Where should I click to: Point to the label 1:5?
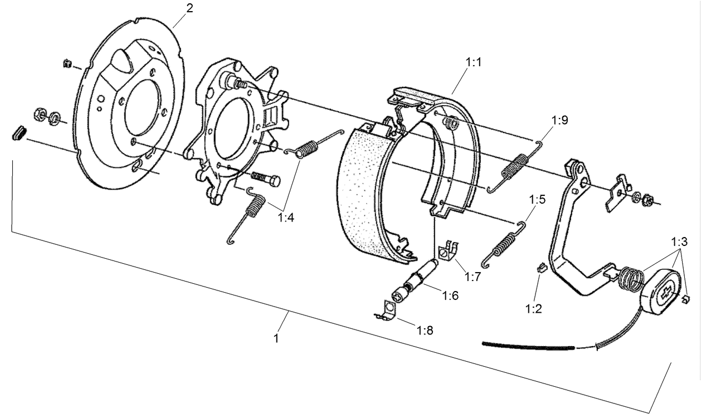pos(537,199)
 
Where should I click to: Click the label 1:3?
pos(679,242)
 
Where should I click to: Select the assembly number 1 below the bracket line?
pos(276,338)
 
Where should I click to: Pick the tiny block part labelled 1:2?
pos(539,268)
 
